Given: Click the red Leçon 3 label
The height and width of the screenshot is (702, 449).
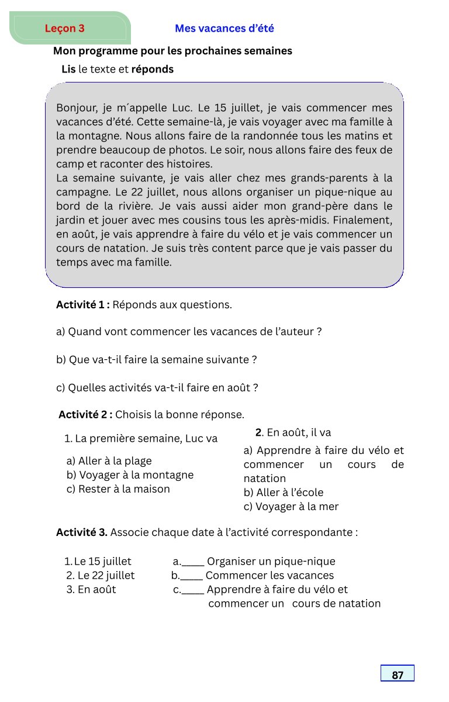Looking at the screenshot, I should pyautogui.click(x=64, y=28).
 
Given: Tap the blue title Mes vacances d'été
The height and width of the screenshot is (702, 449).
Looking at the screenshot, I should pyautogui.click(x=224, y=28).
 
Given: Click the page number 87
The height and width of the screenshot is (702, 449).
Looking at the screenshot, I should pyautogui.click(x=398, y=675).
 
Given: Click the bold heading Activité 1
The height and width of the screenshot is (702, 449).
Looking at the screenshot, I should pyautogui.click(x=82, y=305).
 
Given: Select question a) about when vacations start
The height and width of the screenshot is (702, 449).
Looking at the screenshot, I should pyautogui.click(x=189, y=332).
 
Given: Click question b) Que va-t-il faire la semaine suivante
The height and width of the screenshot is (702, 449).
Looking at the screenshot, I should pyautogui.click(x=157, y=360).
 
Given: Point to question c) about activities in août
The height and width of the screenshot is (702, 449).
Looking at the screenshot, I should pyautogui.click(x=157, y=388).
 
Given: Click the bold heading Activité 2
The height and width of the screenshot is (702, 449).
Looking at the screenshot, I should pyautogui.click(x=85, y=415).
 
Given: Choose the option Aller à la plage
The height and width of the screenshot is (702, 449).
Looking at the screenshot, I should pyautogui.click(x=109, y=461).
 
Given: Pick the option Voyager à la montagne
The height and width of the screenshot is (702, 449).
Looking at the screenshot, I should pyautogui.click(x=130, y=475).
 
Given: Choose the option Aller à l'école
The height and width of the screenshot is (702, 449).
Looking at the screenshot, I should pyautogui.click(x=284, y=493).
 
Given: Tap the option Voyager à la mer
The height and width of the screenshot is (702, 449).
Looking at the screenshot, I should pyautogui.click(x=291, y=507).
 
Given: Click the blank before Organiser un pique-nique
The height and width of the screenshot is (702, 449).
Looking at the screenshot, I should pyautogui.click(x=193, y=562).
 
